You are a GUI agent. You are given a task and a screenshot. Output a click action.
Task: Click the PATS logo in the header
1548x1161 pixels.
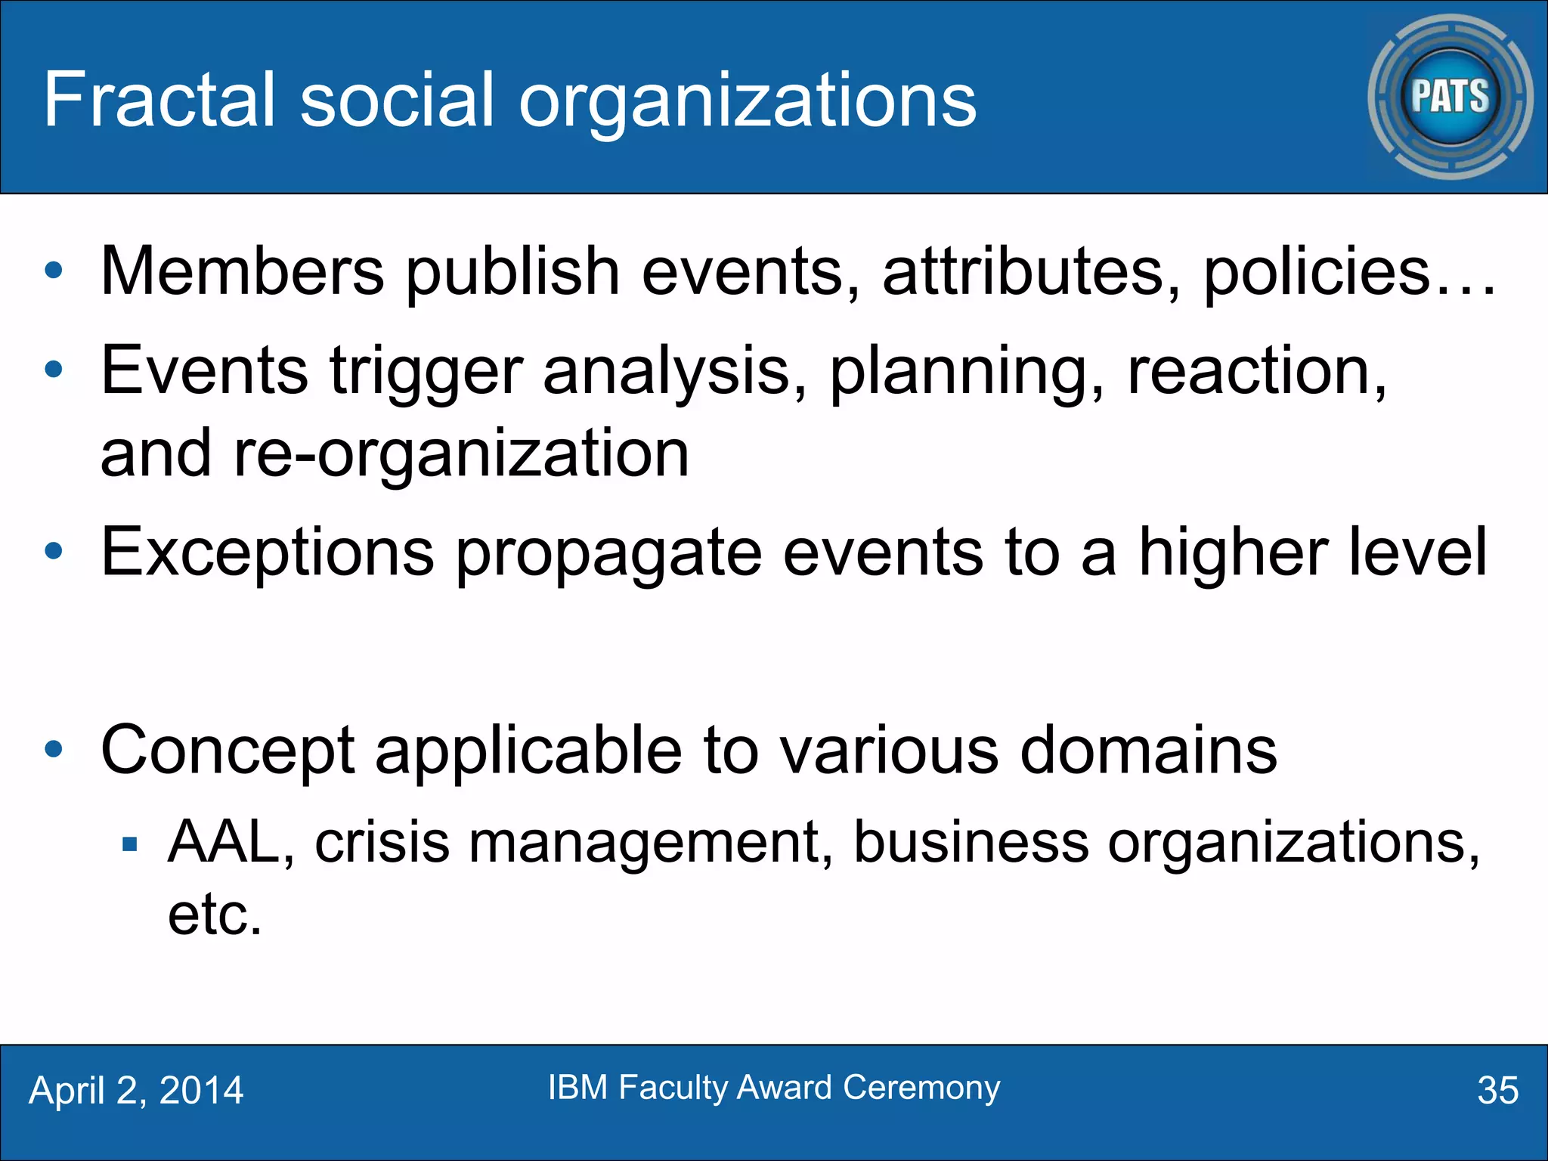pos(1450,97)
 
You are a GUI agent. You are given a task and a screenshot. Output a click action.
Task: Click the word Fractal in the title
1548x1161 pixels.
pos(159,100)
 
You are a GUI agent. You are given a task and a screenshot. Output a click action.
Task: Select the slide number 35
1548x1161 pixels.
pos(1497,1091)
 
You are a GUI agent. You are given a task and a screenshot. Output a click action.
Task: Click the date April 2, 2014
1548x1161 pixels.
pos(136,1091)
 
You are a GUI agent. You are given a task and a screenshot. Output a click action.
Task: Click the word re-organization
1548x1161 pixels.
pos(461,454)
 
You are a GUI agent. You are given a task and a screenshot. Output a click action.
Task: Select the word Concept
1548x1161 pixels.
pos(228,751)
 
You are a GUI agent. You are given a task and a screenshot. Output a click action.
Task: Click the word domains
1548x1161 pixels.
pos(1148,751)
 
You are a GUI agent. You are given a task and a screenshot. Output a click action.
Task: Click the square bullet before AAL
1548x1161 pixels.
pos(130,844)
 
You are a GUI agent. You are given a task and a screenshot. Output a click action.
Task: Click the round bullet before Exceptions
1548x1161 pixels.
pos(54,551)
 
